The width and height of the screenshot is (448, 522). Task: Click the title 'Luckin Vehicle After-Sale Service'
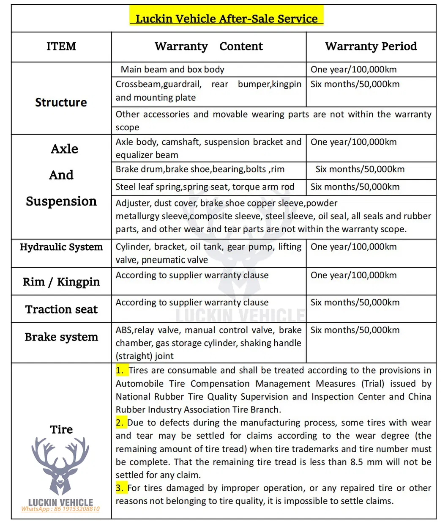point(226,19)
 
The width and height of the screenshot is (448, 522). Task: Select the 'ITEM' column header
point(61,46)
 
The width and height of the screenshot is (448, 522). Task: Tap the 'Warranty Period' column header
point(371,46)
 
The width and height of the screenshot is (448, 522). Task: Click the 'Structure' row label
point(61,102)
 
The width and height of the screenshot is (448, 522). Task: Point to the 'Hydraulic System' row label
point(61,247)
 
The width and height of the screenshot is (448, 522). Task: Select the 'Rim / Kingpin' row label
point(61,282)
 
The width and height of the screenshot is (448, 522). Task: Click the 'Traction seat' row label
point(61,309)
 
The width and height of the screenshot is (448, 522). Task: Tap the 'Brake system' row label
point(61,337)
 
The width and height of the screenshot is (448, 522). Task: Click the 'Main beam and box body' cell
point(172,69)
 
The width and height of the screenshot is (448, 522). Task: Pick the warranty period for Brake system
point(355,330)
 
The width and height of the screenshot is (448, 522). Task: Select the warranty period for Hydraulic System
point(354,247)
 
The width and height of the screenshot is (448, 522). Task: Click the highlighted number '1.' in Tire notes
point(120,371)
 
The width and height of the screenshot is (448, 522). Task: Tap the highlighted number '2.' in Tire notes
point(120,423)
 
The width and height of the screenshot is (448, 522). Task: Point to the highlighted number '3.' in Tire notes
point(120,488)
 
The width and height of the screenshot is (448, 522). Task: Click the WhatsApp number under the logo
point(60,509)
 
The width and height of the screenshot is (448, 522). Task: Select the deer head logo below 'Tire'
point(60,466)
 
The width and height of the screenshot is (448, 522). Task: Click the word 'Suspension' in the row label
point(61,201)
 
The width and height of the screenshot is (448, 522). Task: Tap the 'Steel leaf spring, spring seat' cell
point(205,187)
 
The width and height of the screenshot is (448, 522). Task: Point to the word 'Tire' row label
point(61,429)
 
